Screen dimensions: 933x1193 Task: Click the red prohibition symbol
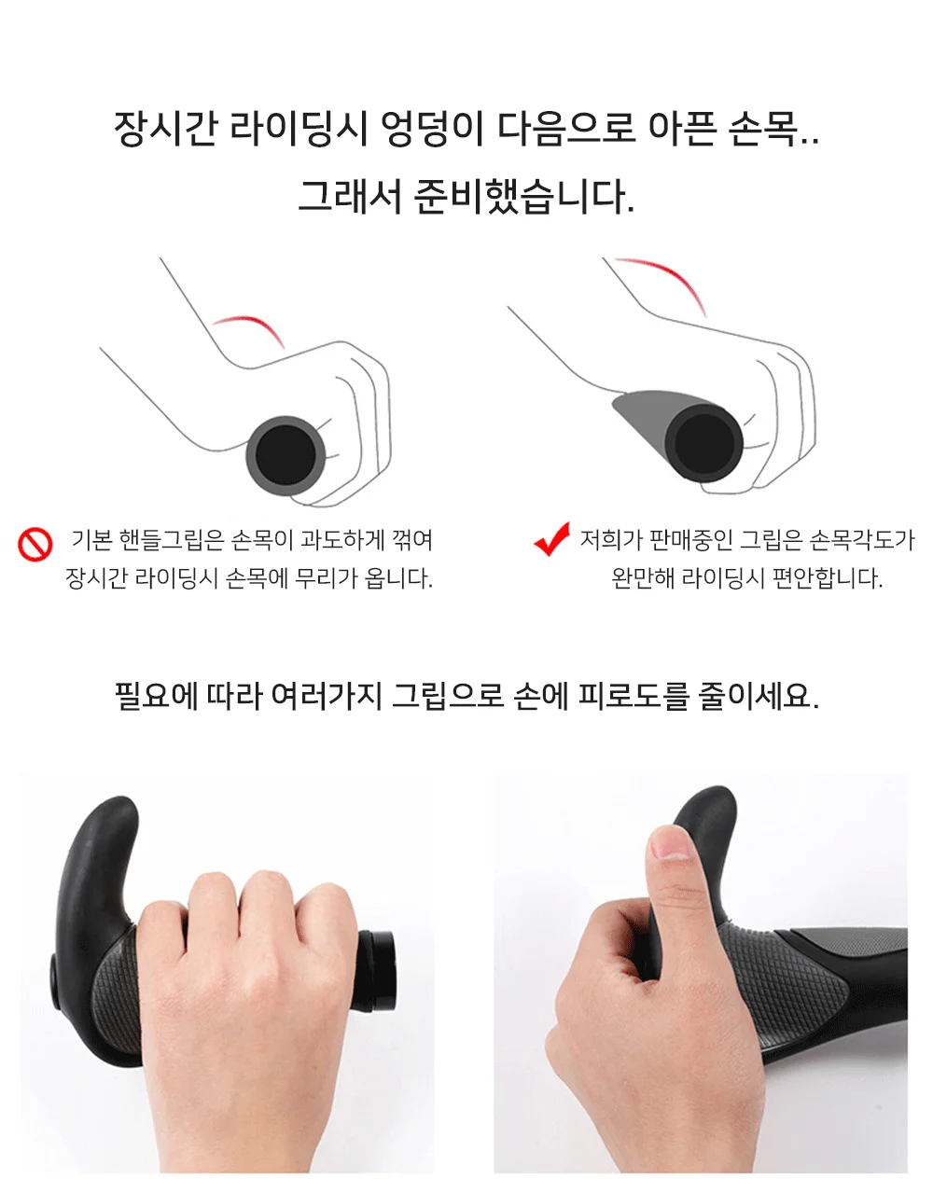point(35,544)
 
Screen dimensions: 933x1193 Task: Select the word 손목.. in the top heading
point(773,129)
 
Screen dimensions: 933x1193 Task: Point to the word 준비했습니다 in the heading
point(524,196)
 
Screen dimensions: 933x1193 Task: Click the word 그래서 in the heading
point(350,196)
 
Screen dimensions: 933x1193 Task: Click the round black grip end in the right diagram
point(704,443)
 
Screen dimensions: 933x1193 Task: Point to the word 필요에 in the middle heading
point(156,696)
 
